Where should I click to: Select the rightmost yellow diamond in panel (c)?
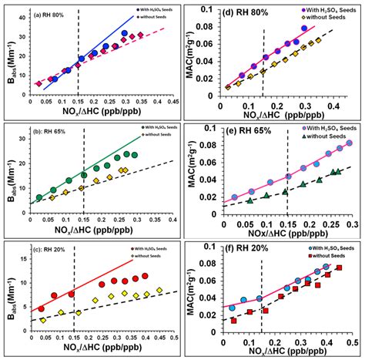click(x=159, y=291)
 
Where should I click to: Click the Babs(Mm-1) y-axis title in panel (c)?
click(x=7, y=286)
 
